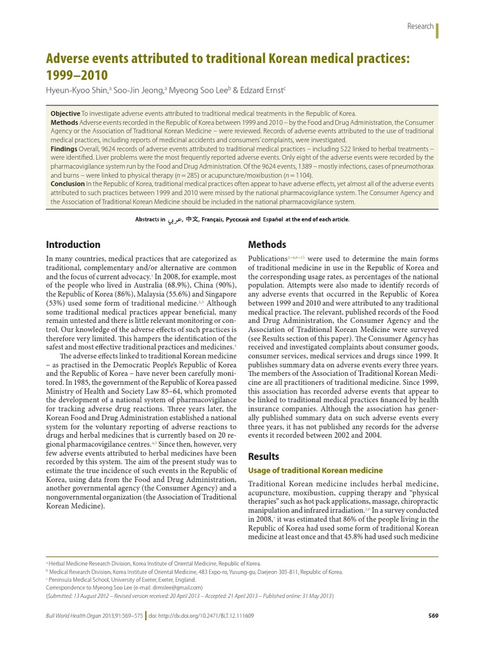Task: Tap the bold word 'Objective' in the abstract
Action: pyautogui.click(x=64, y=114)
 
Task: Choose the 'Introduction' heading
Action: pyautogui.click(x=73, y=244)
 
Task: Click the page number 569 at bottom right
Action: pyautogui.click(x=433, y=616)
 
